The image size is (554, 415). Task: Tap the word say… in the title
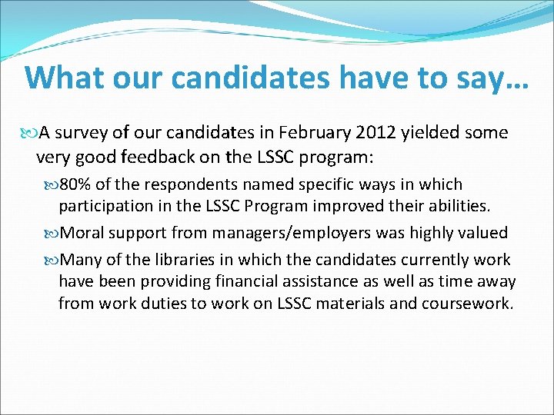(493, 78)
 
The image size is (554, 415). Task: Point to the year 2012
(375, 133)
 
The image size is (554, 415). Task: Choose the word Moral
(84, 232)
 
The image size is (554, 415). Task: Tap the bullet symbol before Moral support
(53, 233)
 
